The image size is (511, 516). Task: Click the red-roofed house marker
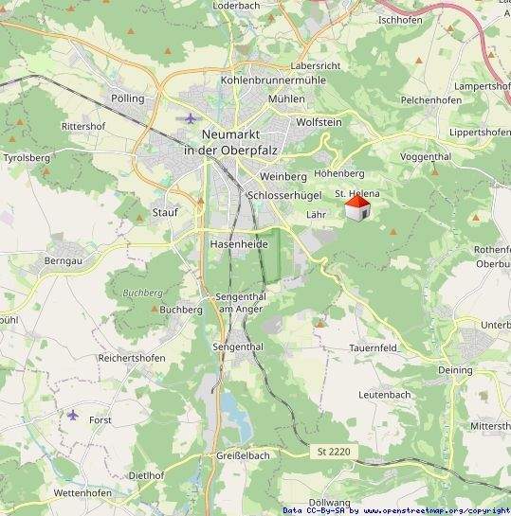357,209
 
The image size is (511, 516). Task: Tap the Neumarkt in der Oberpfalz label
226,142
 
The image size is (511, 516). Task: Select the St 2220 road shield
334,454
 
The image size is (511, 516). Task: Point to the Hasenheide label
239,244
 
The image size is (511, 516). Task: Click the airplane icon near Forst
73,415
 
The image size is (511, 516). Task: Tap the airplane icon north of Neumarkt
191,118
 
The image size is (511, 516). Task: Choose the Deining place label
455,370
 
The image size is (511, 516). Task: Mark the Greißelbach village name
242,455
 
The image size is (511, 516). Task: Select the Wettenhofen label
82,493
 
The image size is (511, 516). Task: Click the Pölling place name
128,98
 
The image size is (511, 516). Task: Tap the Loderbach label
237,5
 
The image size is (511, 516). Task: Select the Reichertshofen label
132,358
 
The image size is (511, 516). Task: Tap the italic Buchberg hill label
143,294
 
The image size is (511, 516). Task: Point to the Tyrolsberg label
27,158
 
